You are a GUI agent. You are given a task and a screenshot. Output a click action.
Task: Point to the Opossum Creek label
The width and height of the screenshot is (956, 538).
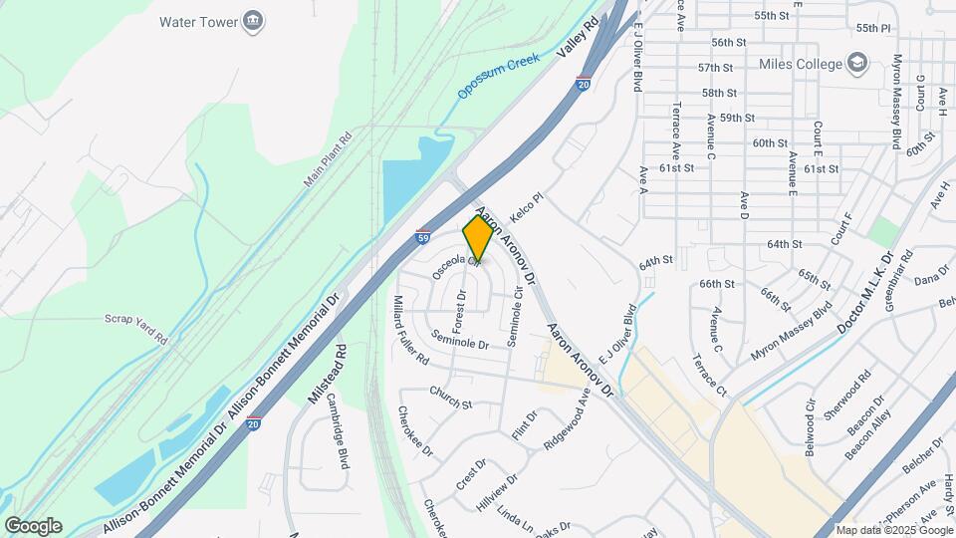(498, 77)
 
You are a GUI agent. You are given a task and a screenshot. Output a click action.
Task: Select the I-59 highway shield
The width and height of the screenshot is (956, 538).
(423, 239)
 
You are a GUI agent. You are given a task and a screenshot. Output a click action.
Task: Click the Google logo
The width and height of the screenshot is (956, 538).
(33, 525)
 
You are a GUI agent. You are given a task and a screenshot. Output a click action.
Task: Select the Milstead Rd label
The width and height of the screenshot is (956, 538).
(328, 373)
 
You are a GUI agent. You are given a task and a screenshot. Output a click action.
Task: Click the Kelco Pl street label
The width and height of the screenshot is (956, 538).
(527, 208)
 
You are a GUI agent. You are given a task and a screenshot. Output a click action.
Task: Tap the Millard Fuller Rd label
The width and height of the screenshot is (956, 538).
(410, 329)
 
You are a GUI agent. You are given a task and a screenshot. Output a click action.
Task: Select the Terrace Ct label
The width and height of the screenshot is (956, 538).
(709, 375)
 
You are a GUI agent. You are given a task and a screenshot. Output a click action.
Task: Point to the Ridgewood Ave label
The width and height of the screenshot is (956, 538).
(568, 423)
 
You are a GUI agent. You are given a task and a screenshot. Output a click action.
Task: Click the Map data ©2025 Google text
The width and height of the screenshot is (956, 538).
(893, 530)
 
